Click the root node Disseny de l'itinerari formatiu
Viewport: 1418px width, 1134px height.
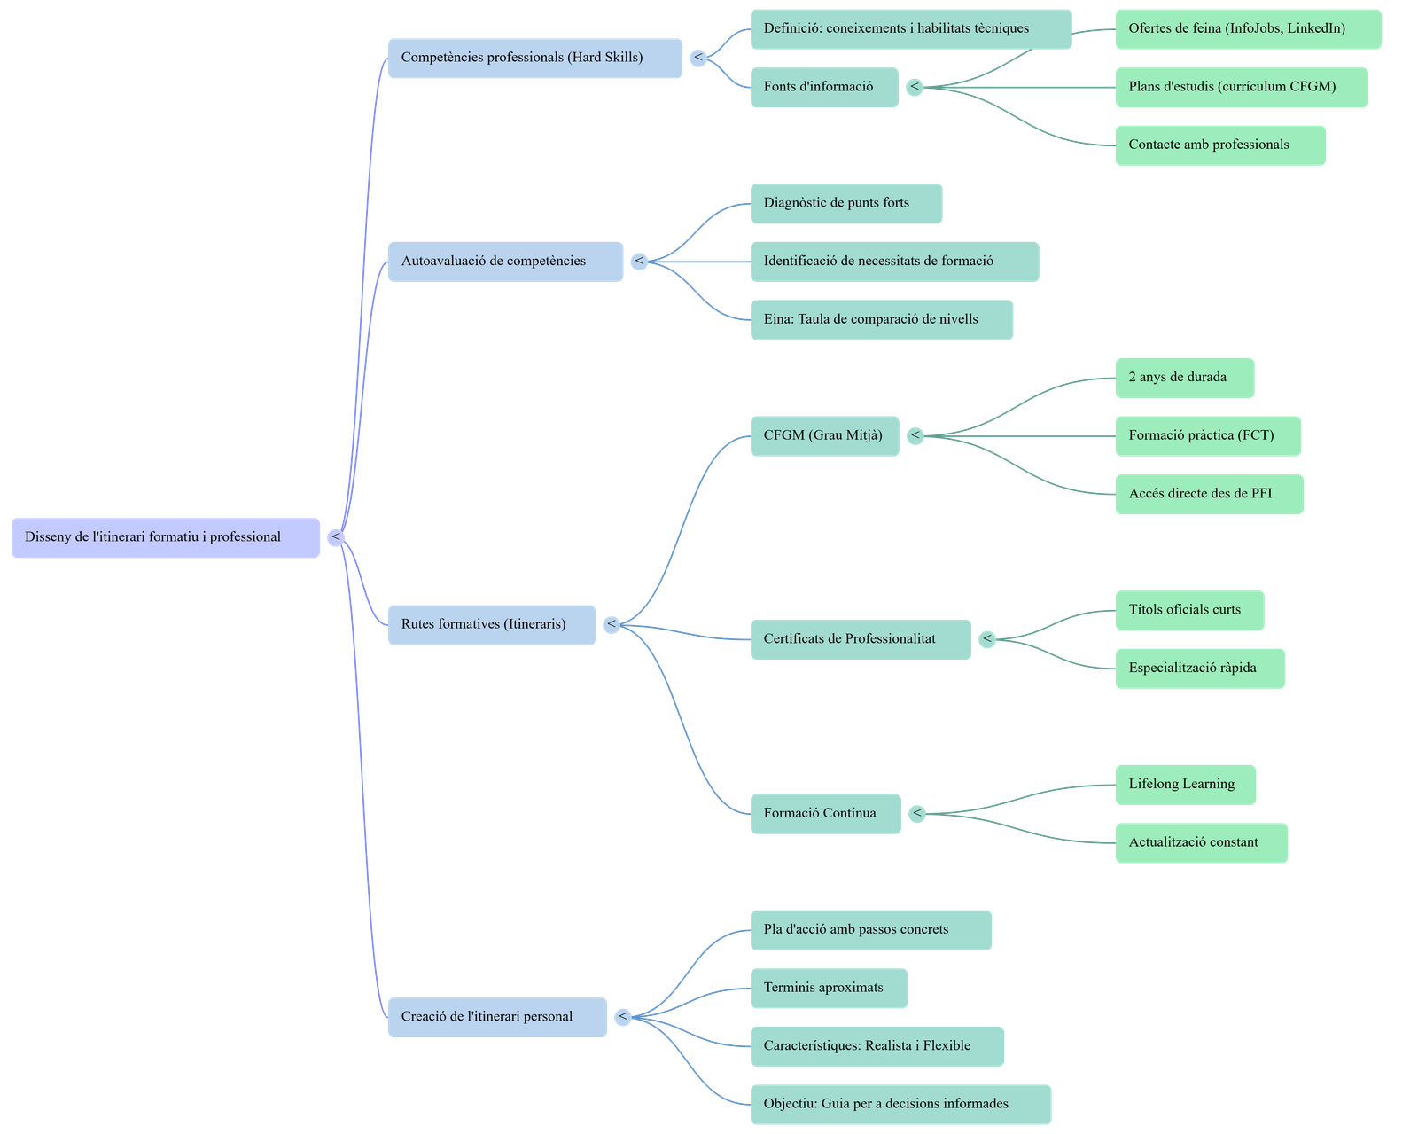pos(165,537)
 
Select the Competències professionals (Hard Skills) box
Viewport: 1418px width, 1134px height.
pos(534,58)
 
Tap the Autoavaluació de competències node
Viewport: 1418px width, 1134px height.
pos(505,262)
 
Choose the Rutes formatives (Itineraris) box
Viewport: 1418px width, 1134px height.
pos(491,624)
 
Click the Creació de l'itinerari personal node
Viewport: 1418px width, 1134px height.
pos(497,1017)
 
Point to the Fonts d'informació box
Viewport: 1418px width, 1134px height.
pos(823,87)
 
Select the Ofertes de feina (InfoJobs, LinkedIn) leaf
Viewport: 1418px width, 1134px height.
pos(1247,29)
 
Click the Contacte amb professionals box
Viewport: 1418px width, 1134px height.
pos(1219,145)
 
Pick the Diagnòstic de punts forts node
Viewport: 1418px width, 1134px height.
pos(845,203)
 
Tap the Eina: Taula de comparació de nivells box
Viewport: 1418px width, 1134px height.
pos(881,319)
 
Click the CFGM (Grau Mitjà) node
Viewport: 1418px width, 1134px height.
pos(823,435)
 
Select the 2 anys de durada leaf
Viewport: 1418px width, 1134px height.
pos(1184,378)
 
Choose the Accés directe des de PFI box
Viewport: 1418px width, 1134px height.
pos(1209,494)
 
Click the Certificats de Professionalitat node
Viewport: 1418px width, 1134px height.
pos(860,639)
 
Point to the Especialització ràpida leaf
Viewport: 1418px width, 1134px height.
pos(1199,669)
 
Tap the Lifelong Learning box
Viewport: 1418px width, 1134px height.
pos(1185,785)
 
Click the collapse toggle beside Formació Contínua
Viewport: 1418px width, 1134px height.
pos(917,813)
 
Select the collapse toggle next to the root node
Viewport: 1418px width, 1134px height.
pos(336,537)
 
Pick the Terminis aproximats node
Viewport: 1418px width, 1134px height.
pos(829,988)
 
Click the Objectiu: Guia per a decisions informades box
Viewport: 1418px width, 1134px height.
pos(900,1104)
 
